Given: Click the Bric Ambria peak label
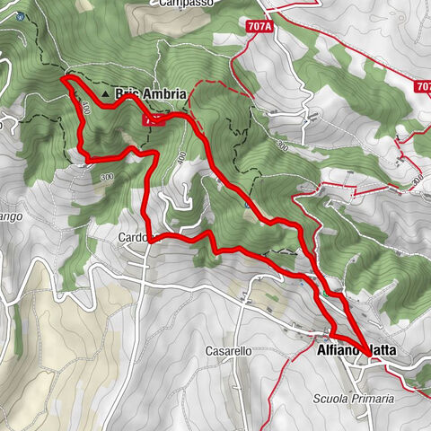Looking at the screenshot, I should click(151, 93).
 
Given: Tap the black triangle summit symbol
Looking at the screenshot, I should click(106, 93).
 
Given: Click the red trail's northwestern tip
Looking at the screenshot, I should click(64, 80).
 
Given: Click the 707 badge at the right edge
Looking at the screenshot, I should click(423, 87).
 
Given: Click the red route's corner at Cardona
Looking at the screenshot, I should click(154, 238).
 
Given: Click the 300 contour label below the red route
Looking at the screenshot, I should click(108, 177).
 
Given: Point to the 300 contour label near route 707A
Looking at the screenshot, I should click(283, 144).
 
